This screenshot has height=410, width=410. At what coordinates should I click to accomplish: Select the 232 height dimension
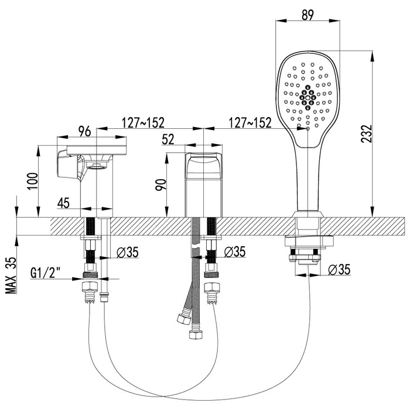(x=366, y=134)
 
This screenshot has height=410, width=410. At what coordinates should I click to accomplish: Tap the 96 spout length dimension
(x=85, y=131)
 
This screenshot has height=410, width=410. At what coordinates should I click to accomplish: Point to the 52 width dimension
(x=168, y=139)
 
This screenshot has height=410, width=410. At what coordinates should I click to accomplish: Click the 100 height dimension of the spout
(x=32, y=182)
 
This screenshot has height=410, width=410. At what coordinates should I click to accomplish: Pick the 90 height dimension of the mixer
(x=160, y=185)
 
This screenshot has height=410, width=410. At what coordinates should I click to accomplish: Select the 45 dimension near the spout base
(x=63, y=203)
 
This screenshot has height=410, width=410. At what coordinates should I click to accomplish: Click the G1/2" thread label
(x=46, y=273)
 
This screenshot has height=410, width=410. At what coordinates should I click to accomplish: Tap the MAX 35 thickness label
(x=11, y=275)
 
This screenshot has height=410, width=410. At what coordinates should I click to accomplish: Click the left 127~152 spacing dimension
(x=143, y=122)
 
